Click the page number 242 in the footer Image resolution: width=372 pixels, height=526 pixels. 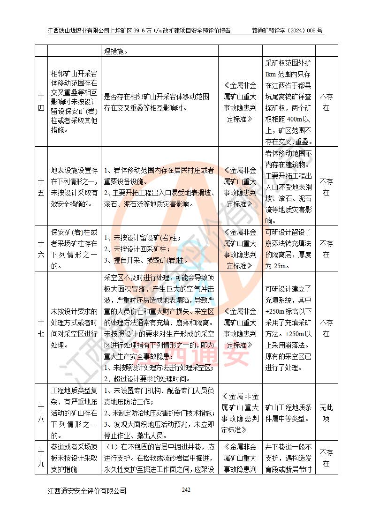(186, 490)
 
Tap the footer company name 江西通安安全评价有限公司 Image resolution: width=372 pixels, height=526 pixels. (87, 491)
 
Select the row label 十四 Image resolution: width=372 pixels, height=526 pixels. (41, 103)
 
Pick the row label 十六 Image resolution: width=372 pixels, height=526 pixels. (41, 249)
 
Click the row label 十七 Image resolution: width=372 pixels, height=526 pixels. (41, 328)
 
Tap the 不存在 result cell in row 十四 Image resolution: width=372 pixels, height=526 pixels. (326, 103)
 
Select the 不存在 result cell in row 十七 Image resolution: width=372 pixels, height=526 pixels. (326, 328)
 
